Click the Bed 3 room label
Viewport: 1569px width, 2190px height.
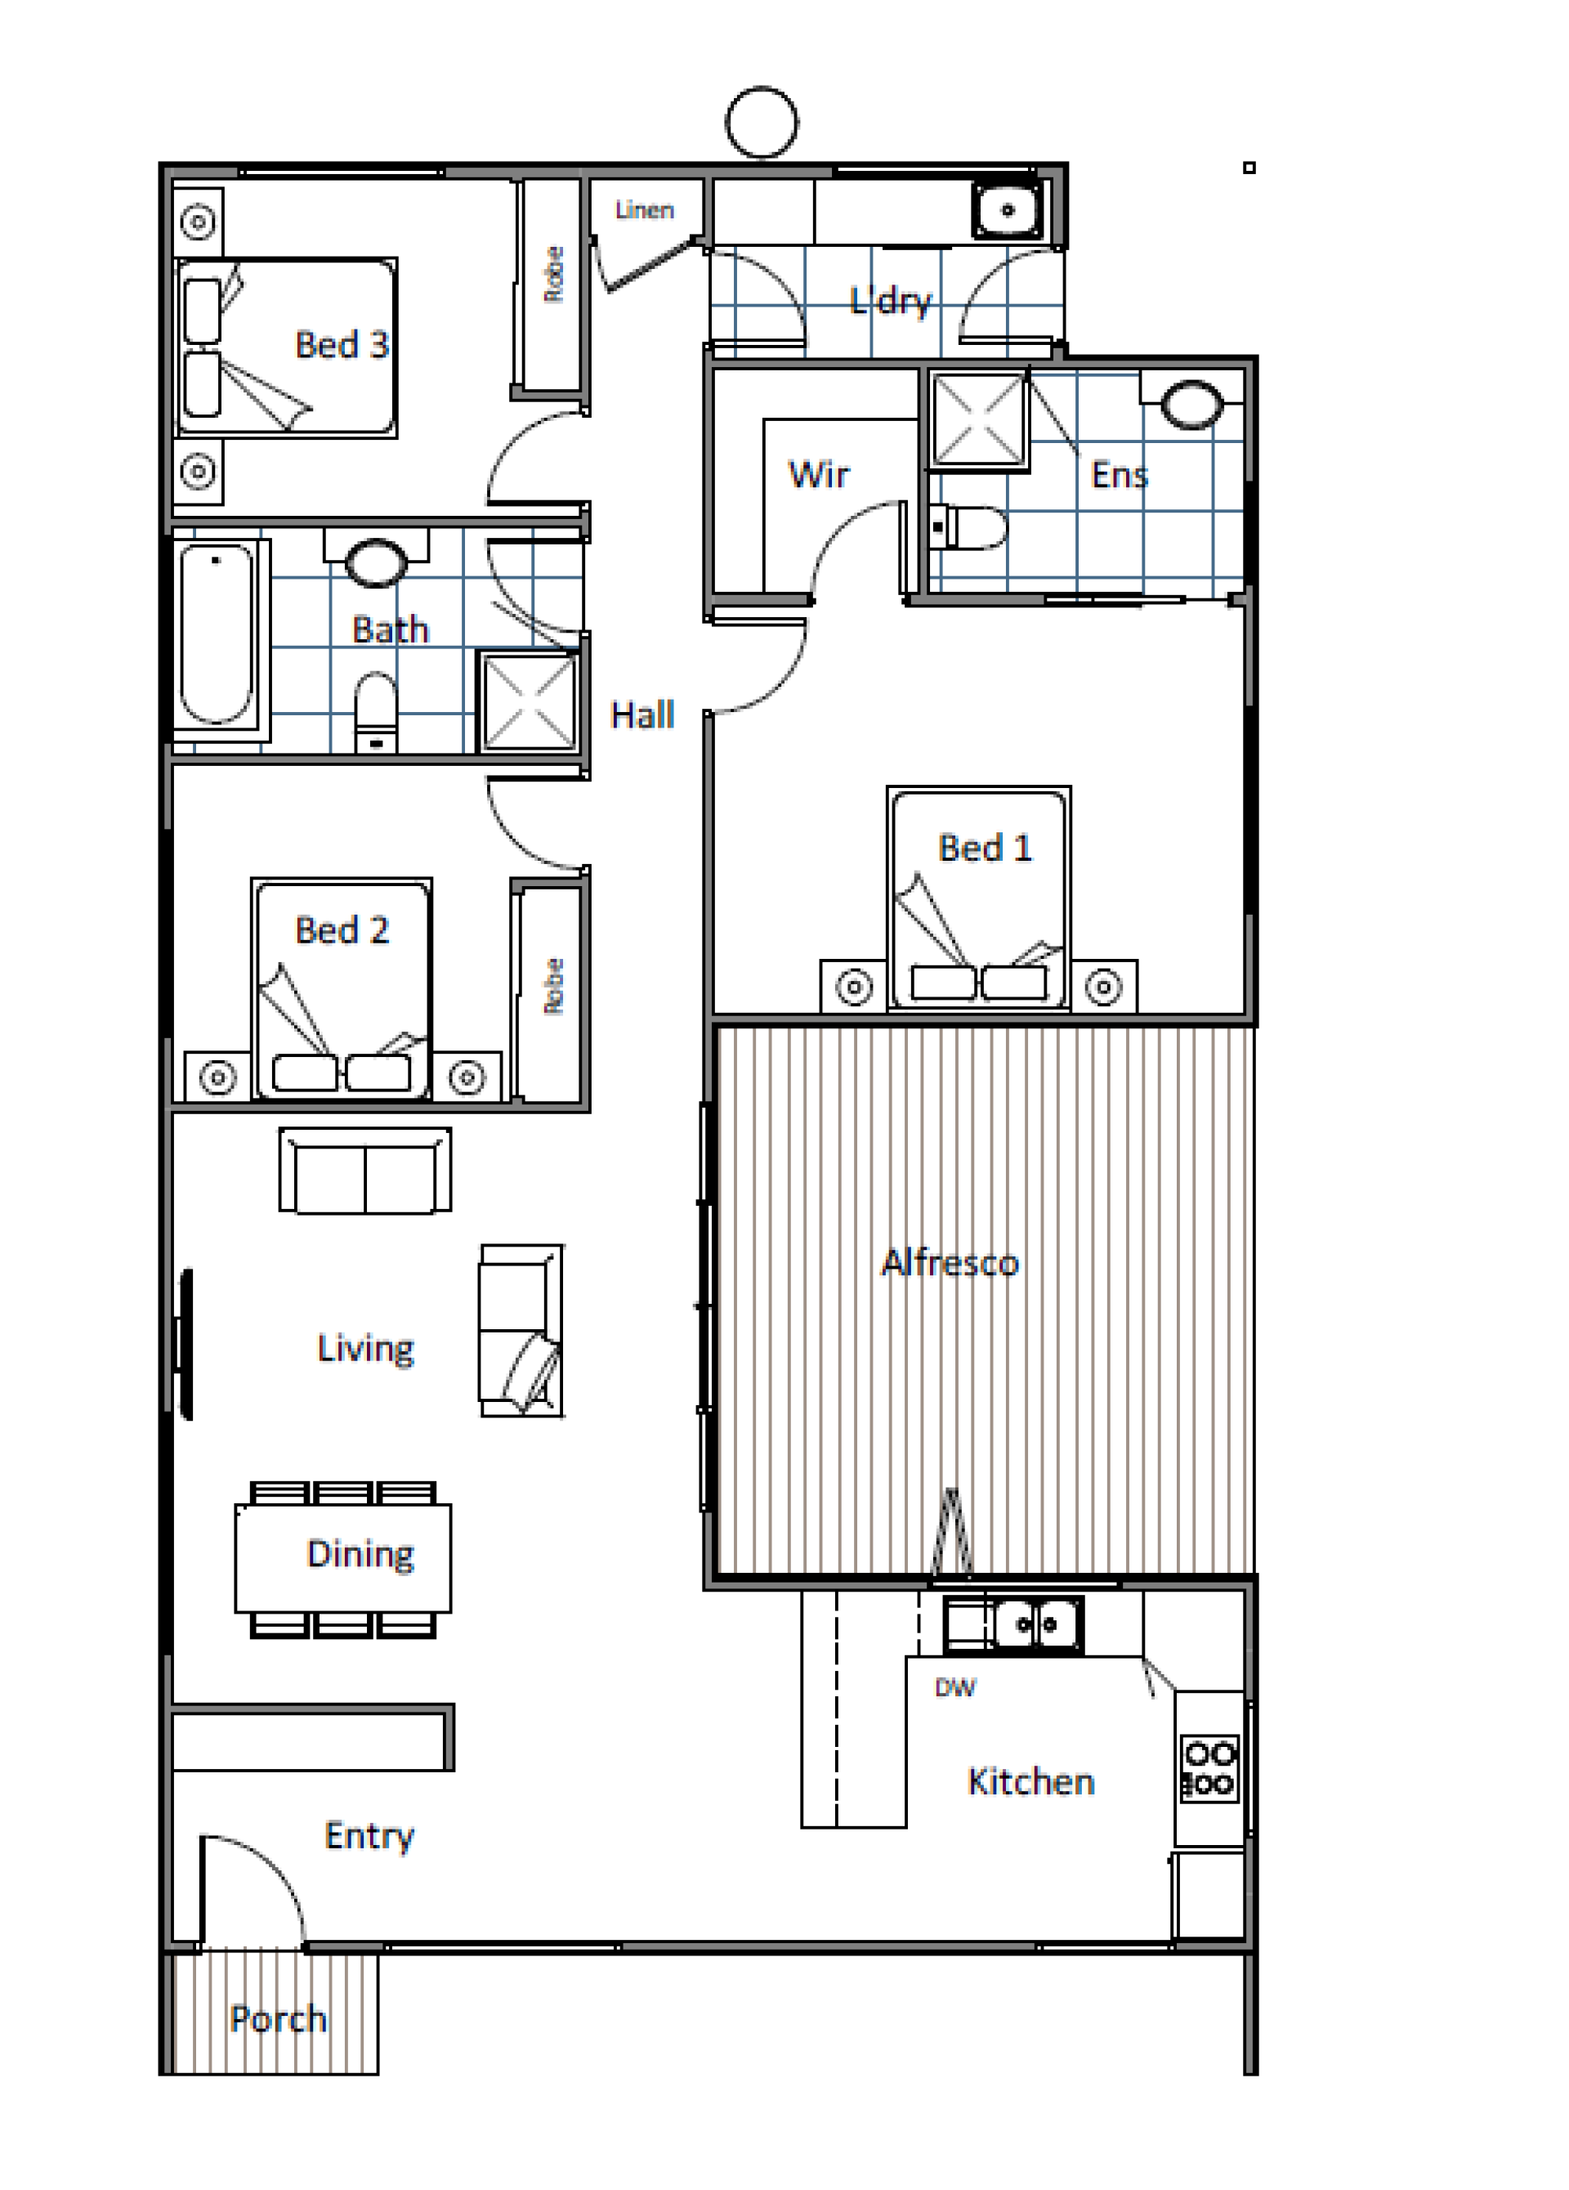[x=342, y=345]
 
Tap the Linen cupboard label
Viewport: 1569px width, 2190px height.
[x=644, y=209]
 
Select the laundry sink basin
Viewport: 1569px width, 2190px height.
[x=1007, y=209]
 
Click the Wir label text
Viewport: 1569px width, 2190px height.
[x=819, y=474]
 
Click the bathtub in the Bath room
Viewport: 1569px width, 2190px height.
[x=217, y=634]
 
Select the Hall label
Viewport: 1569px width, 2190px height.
[x=642, y=714]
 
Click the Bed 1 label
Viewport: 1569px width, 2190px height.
[x=985, y=848]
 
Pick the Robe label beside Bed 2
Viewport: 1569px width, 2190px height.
[x=553, y=986]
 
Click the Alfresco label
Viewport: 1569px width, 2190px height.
[x=950, y=1263]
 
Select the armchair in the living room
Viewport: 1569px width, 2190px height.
[x=521, y=1331]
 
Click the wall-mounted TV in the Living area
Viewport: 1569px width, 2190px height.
[x=186, y=1344]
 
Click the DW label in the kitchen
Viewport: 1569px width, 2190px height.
[x=955, y=1688]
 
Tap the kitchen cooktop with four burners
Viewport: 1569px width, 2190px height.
[x=1209, y=1769]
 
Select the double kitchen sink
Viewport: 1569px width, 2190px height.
[x=1014, y=1625]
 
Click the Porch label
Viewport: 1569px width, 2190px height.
[x=278, y=2019]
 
